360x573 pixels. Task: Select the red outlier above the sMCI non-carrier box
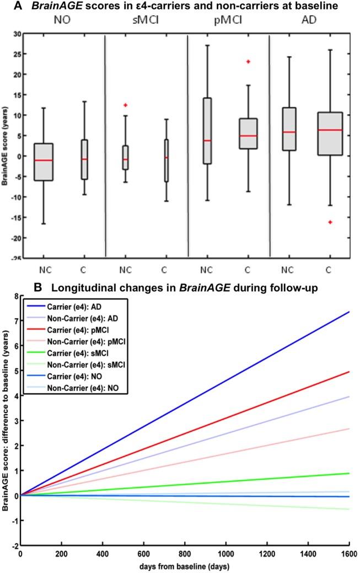click(126, 105)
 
